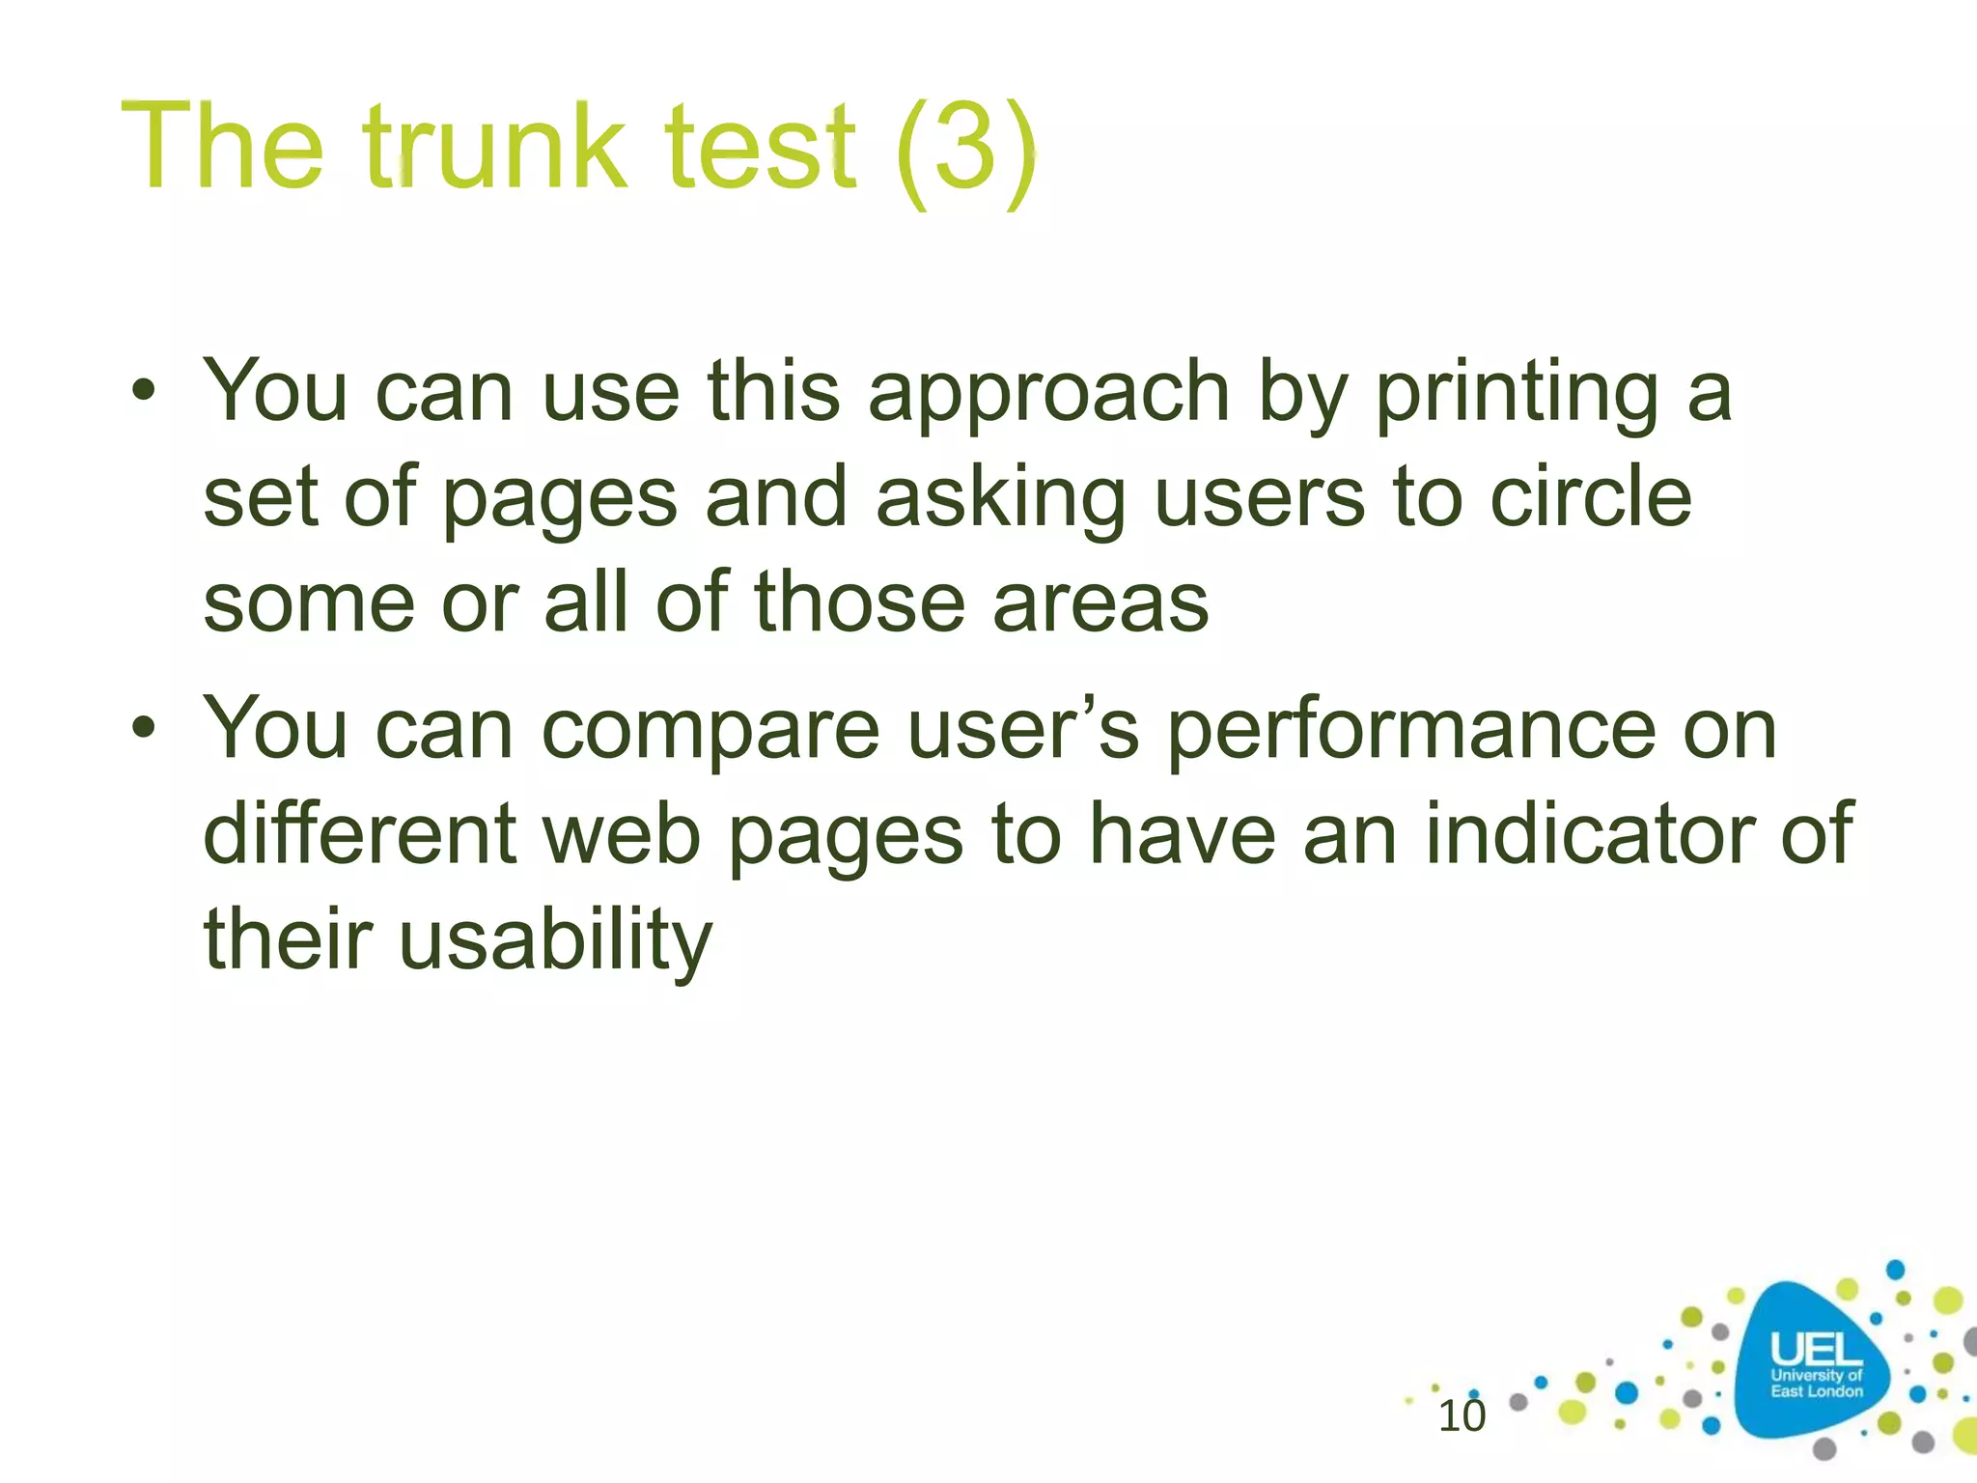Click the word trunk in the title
[x=496, y=148]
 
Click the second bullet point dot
[x=144, y=728]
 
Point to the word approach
[x=1048, y=394]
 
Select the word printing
[x=1516, y=394]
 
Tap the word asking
[x=1000, y=499]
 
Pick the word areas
[x=1100, y=602]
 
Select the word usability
[x=555, y=941]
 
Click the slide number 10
[x=1462, y=1416]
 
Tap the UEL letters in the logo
[x=1816, y=1349]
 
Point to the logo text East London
[x=1816, y=1391]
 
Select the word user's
[x=1023, y=730]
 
